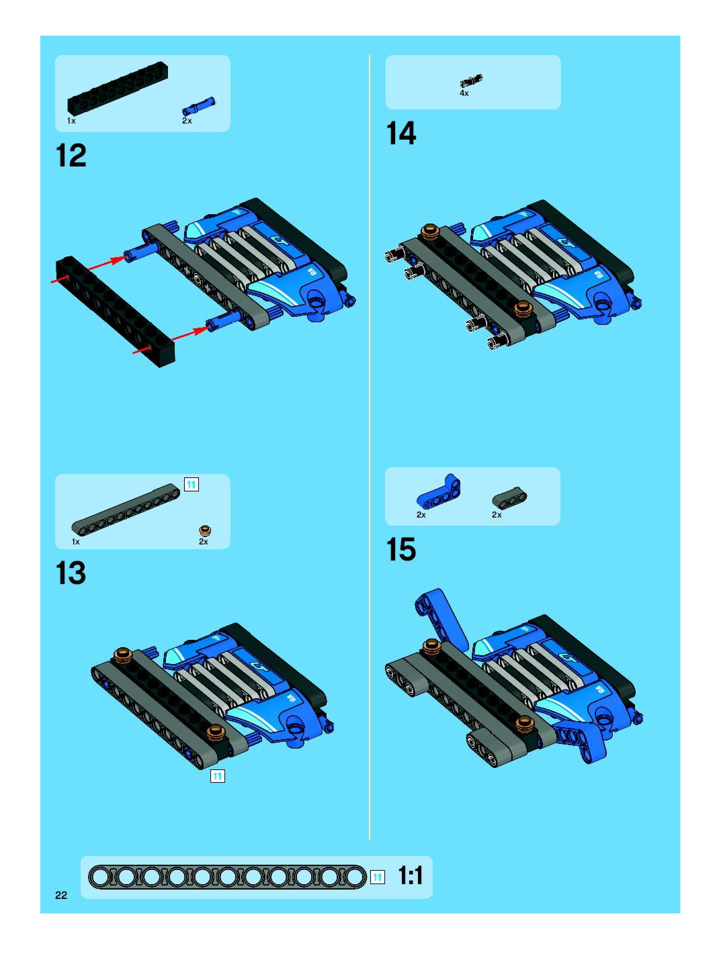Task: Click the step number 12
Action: pos(71,156)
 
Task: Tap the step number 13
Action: pos(71,573)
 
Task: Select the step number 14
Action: pos(401,133)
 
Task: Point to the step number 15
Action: pos(401,550)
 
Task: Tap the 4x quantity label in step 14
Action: pos(464,93)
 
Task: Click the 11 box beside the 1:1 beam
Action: pos(378,877)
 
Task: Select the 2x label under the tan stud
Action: pos(203,542)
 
